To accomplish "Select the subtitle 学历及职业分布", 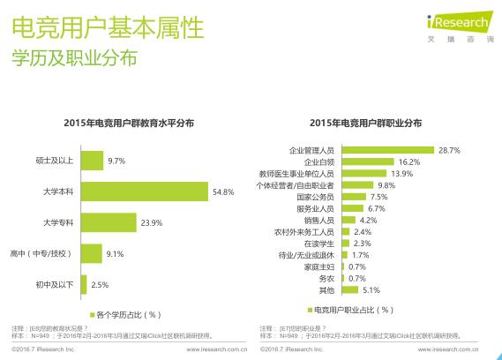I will pos(74,59).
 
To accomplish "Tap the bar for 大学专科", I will pos(109,222).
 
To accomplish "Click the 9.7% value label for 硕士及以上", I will pos(116,161).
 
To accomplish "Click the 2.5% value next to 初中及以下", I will pos(100,284).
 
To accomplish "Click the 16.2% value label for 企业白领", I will pos(408,162).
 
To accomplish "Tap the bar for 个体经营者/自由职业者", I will pos(356,186).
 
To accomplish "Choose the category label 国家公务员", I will pos(314,198).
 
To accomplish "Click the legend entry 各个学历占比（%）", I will pos(128,313).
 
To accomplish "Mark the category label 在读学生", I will pos(318,244).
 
